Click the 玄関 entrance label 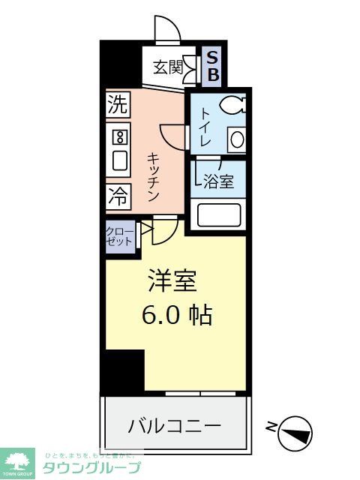169,67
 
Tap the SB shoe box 213,66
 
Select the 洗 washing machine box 117,105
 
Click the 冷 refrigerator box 117,196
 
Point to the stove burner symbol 118,137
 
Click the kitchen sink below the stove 118,160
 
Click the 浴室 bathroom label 219,181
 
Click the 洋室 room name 171,281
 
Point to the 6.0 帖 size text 178,315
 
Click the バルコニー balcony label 174,426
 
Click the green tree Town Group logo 17,462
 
